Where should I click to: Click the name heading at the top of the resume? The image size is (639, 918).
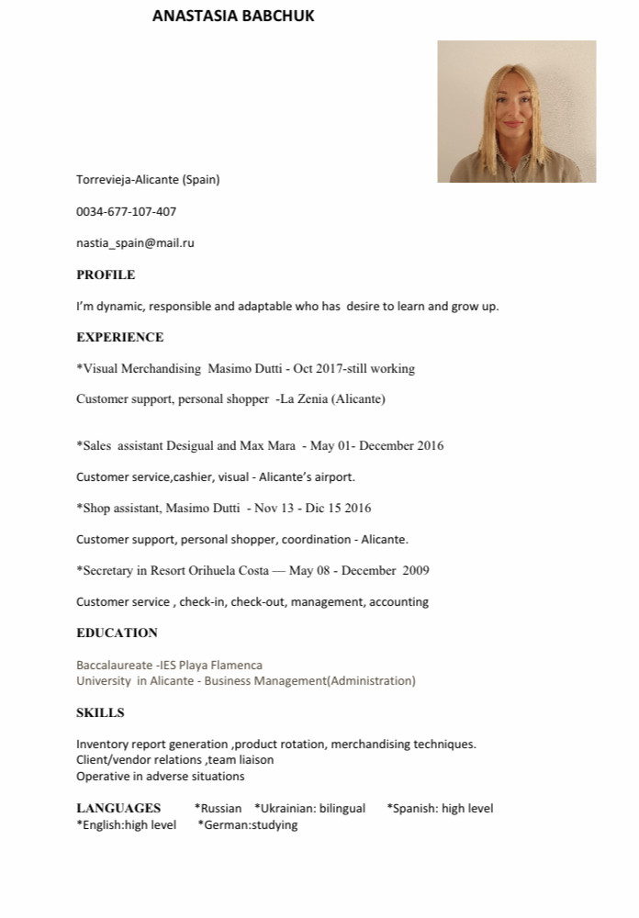click(233, 16)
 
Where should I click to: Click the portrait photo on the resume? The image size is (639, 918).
click(516, 111)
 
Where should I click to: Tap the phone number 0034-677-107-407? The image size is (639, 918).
click(126, 211)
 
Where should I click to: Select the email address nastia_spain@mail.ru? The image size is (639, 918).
click(135, 243)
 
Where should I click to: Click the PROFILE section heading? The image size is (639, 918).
click(106, 274)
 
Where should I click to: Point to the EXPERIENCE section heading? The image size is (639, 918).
click(119, 337)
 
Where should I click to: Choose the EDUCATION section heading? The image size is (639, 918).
click(117, 633)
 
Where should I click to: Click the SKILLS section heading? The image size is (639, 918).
click(100, 712)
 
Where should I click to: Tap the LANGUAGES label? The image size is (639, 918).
click(118, 808)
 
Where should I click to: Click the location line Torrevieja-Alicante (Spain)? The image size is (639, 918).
click(148, 179)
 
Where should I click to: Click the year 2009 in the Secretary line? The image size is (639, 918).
click(415, 570)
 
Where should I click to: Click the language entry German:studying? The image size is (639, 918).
click(248, 824)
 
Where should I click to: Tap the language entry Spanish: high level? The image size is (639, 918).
click(440, 808)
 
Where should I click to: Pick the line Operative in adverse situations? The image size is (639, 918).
click(160, 776)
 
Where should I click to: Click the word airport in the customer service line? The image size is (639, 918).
click(331, 476)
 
